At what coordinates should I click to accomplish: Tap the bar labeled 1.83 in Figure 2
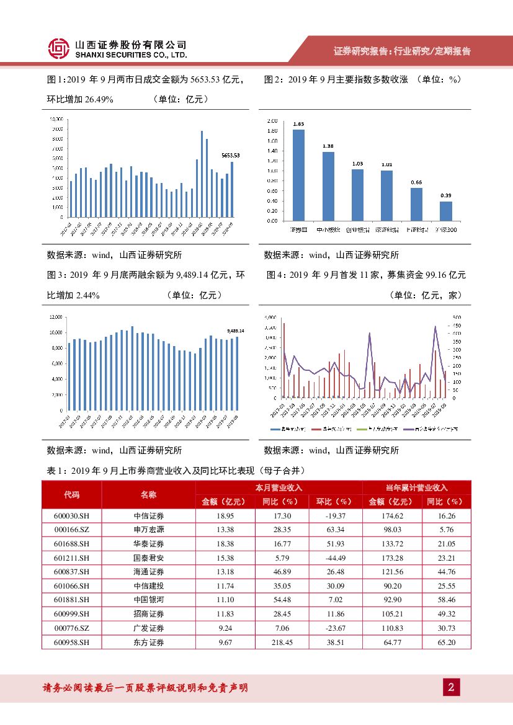point(298,175)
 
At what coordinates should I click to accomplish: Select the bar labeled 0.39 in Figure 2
point(446,211)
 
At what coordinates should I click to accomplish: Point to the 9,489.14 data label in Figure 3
point(236,331)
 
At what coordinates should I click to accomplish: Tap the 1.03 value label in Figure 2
point(357,163)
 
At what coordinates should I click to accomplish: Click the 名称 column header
point(148,494)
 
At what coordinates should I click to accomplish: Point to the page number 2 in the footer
point(451,688)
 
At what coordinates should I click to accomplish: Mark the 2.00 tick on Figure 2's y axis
point(272,121)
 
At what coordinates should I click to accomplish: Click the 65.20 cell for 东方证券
point(445,643)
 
